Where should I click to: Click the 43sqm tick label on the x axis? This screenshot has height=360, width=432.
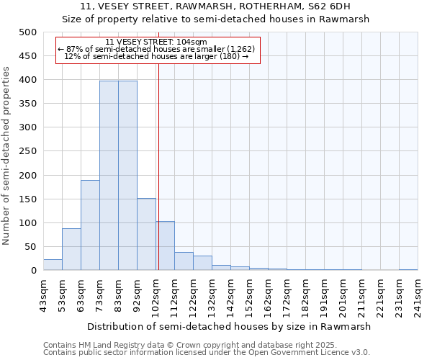(42, 295)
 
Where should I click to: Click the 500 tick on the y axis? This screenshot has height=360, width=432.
(28, 32)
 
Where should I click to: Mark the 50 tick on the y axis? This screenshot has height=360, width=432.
(31, 247)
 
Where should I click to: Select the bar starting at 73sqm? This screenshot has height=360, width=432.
(109, 176)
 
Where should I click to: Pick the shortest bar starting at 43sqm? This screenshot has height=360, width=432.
(53, 264)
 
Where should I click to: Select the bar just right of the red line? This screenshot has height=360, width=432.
(165, 246)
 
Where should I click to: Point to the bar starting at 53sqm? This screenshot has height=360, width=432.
(71, 249)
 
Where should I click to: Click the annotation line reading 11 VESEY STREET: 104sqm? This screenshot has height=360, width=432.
(156, 42)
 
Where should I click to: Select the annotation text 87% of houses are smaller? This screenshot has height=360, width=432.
(156, 49)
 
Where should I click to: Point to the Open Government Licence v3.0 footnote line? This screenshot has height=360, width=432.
(207, 352)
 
